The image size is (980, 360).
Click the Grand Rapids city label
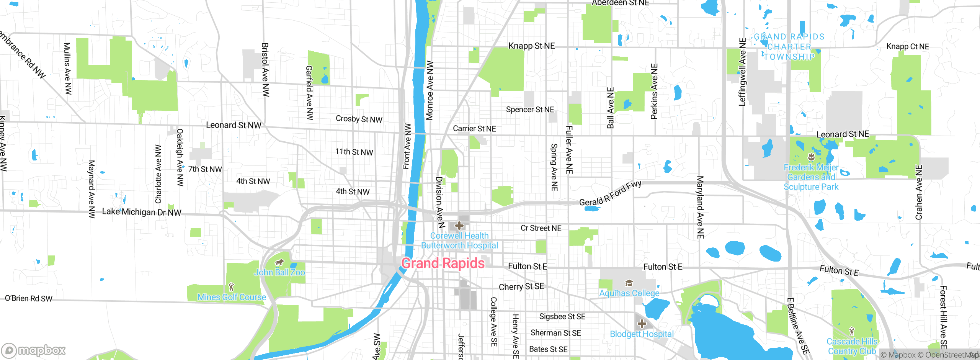click(443, 263)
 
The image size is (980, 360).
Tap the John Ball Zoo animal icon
click(279, 263)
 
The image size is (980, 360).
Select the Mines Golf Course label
click(232, 297)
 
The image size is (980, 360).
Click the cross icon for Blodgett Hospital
click(642, 324)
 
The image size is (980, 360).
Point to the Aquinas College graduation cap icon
click(629, 283)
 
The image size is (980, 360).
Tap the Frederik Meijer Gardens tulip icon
click(811, 157)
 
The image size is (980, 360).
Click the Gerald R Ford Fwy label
click(610, 193)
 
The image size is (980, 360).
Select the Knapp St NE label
click(531, 46)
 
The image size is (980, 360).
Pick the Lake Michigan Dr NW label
click(142, 212)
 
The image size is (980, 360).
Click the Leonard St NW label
click(234, 125)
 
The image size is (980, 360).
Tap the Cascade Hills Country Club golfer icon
click(851, 331)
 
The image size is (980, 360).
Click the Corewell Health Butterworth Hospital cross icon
click(459, 226)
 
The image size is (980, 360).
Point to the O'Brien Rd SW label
click(29, 298)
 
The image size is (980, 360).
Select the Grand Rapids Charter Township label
click(789, 47)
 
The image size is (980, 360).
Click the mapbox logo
click(34, 350)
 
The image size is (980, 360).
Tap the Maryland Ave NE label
click(700, 207)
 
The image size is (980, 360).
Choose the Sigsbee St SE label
click(562, 316)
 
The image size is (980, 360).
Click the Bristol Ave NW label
click(265, 70)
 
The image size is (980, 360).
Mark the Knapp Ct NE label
click(908, 46)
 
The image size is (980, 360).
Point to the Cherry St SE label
click(521, 287)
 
